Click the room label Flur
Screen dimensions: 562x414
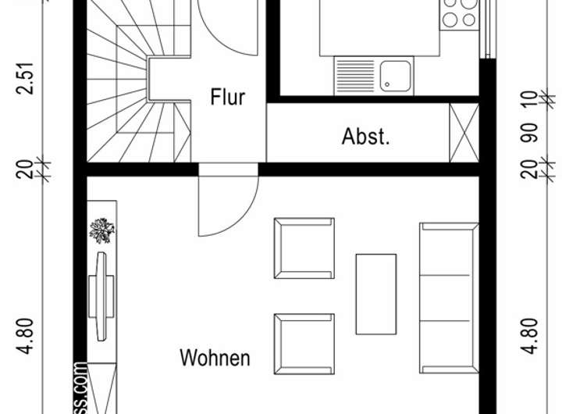point(227,98)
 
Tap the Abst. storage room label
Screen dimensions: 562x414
point(365,137)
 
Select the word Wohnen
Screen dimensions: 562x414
point(215,359)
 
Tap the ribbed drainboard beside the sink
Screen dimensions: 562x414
point(356,76)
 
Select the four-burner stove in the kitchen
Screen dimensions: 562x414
point(458,14)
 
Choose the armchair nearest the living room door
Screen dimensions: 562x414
point(304,247)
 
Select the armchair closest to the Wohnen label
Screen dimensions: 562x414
point(304,342)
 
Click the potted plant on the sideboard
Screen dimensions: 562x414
point(101,230)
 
